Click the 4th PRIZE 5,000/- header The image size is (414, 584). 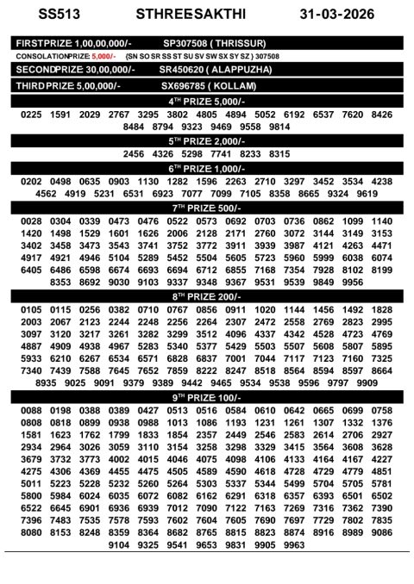(x=207, y=102)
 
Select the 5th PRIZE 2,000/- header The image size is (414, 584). (x=207, y=140)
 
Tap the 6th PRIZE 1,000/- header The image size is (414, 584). (x=207, y=168)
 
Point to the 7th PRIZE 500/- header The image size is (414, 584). (x=207, y=208)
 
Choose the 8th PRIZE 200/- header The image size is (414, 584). (x=207, y=296)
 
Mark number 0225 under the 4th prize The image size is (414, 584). (x=31, y=114)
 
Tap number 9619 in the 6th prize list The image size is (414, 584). (x=367, y=194)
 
